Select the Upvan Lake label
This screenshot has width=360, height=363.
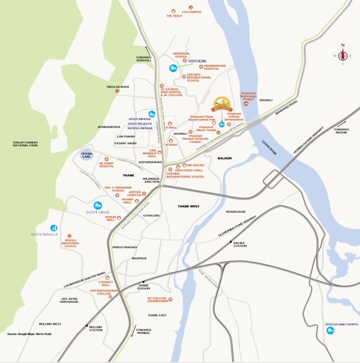tap(87, 155)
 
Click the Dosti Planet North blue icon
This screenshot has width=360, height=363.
tap(330, 343)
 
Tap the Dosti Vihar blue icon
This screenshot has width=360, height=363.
tap(98, 205)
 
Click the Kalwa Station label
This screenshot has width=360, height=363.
tap(240, 244)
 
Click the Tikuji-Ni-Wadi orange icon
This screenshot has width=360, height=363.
tap(117, 91)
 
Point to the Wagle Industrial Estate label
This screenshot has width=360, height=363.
tap(70, 243)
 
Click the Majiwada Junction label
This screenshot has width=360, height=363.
tap(151, 179)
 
